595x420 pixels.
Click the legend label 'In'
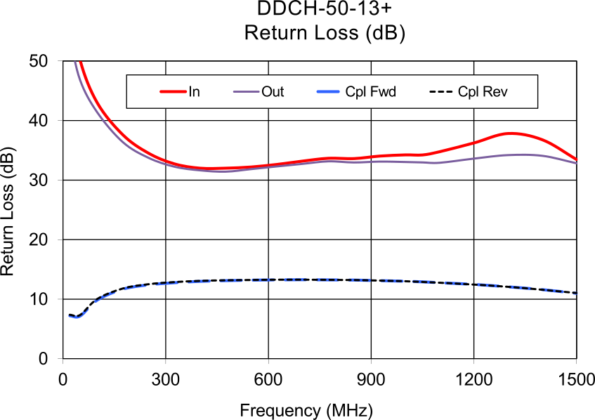point(194,92)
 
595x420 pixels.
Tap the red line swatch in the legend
point(173,92)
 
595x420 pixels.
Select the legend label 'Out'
point(273,92)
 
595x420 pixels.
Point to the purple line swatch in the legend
point(246,92)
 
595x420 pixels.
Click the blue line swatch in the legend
point(329,92)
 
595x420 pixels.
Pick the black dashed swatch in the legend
point(440,92)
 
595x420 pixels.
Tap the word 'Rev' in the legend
point(495,92)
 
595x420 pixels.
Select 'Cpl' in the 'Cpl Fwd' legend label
point(356,92)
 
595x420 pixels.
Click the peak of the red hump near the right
point(515,133)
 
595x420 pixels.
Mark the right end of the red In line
point(577,160)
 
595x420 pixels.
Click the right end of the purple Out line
point(577,163)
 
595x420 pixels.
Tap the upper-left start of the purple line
point(74,63)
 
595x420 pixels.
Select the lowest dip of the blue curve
point(76,318)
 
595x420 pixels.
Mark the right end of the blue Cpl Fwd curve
point(577,293)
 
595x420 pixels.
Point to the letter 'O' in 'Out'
point(266,92)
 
